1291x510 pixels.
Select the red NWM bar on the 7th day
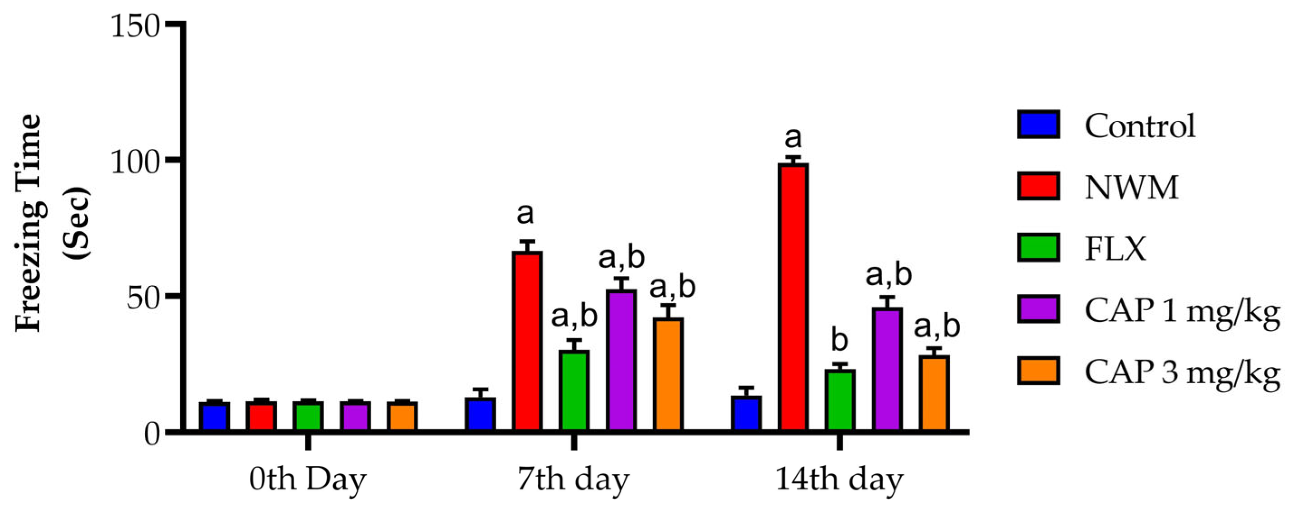point(527,341)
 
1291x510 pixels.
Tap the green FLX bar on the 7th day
point(574,390)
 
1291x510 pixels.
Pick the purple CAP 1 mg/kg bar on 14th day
point(887,369)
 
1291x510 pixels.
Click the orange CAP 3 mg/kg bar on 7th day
point(668,374)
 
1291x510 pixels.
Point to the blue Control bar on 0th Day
point(214,416)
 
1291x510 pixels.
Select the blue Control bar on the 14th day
point(746,413)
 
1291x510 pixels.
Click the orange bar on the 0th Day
point(402,416)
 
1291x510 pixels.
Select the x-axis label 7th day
point(573,480)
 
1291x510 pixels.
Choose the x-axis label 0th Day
point(307,480)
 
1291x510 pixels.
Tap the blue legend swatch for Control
point(1038,125)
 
